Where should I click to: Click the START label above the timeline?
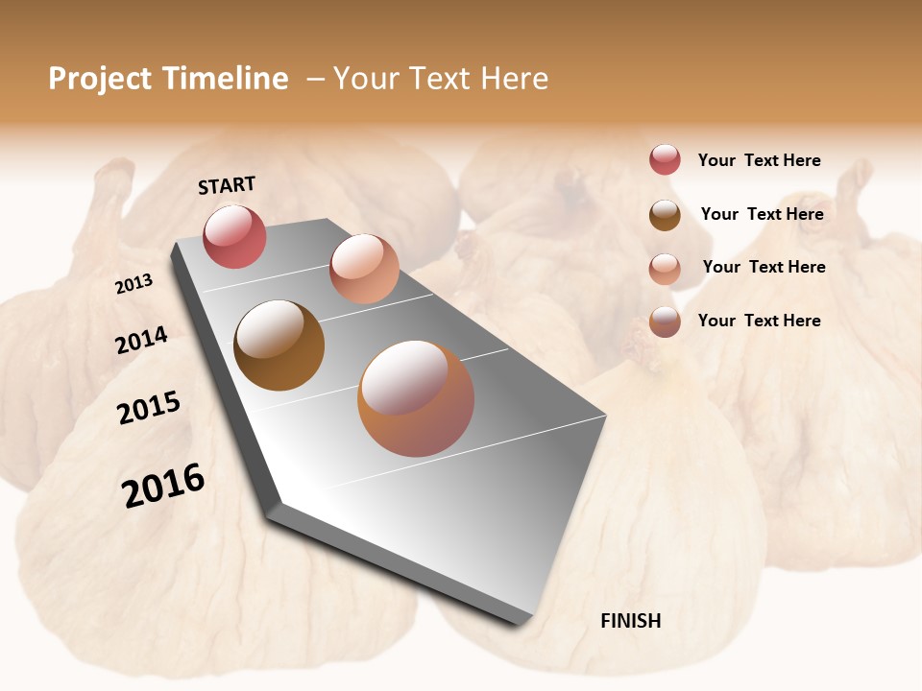[227, 185]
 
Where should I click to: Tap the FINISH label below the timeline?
[630, 621]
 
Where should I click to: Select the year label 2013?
[134, 283]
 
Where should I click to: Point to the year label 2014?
[141, 341]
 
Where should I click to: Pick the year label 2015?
[149, 408]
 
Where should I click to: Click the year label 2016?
[163, 485]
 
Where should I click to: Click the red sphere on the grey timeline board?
[234, 237]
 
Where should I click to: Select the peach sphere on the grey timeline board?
[364, 269]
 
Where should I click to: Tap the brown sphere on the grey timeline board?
[279, 345]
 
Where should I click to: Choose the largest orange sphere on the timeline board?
[416, 398]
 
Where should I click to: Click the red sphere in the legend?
[665, 159]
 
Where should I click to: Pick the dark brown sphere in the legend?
[665, 215]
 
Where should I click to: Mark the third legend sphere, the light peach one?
[665, 269]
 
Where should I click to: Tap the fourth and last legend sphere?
[665, 322]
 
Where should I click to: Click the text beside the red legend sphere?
[759, 160]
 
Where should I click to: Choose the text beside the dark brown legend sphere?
[762, 214]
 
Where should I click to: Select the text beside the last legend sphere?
[759, 321]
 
